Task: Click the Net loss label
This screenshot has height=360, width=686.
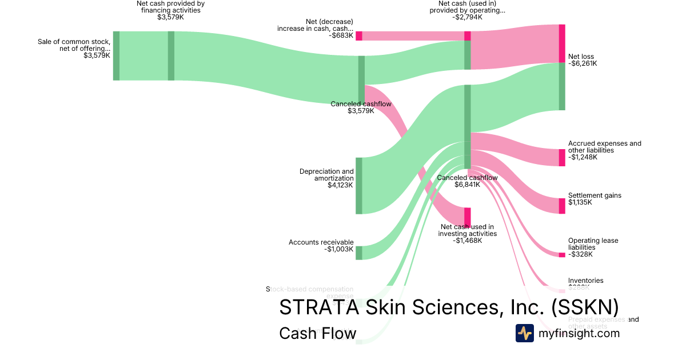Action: coord(581,57)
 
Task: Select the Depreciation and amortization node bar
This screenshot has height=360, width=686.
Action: coord(359,186)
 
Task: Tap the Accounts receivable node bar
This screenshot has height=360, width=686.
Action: coord(359,253)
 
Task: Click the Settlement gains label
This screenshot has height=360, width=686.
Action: coord(595,195)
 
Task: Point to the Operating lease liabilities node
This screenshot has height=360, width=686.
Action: coord(561,255)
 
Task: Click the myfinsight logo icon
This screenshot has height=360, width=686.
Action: coord(525,333)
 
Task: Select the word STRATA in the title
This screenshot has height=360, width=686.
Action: coord(316,307)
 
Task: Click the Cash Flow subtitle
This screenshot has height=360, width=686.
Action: coord(317,333)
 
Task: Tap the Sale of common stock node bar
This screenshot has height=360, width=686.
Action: coord(116,56)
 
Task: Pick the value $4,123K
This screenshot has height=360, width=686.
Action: coord(340,185)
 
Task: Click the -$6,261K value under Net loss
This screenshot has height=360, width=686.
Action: coord(583,63)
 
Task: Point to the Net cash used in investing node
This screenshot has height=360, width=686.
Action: coord(467,217)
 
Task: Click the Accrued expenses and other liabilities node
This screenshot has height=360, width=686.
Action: coord(561,157)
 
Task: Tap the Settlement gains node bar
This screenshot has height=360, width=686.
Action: coord(561,206)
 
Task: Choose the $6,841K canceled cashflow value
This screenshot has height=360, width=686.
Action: coord(467,185)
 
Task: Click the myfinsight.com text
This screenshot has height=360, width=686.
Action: coord(579,333)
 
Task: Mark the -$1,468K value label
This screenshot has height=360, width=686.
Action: coord(467,241)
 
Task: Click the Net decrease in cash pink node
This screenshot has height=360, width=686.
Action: coord(359,36)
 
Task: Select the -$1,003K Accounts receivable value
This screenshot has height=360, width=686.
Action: coord(337,249)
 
